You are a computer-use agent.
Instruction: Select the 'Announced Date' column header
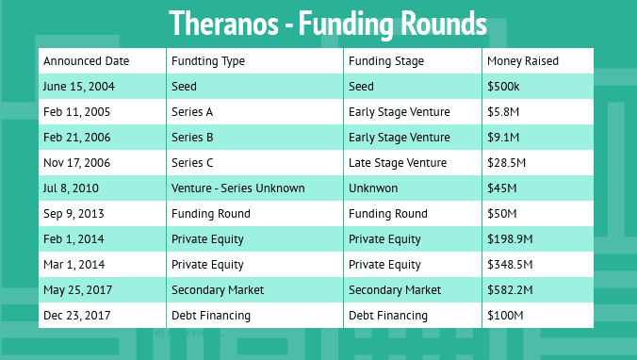tap(86, 61)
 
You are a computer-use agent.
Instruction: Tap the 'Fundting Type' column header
tap(208, 61)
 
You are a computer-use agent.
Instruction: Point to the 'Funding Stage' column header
tap(386, 61)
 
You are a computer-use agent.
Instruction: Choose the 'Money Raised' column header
tap(522, 61)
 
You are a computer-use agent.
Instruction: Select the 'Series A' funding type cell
tap(192, 112)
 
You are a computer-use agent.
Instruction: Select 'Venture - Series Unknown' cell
tap(237, 188)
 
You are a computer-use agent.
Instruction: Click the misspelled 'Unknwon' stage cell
tap(373, 188)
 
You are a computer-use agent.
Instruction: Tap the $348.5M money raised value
tap(510, 265)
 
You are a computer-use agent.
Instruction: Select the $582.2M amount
tap(510, 290)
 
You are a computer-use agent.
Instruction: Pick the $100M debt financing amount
tap(505, 316)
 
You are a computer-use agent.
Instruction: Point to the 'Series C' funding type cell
tap(192, 163)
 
